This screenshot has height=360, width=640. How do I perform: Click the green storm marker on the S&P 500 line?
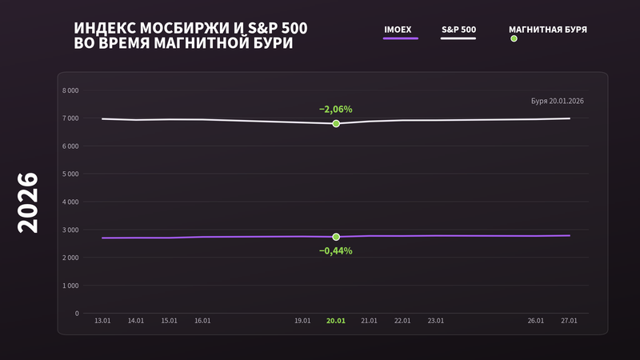(336, 123)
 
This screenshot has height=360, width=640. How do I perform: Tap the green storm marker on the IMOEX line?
(336, 237)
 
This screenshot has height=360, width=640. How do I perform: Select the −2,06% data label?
(335, 109)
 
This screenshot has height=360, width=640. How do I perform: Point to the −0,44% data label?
(335, 250)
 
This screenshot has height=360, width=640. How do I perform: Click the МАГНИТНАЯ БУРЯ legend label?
(548, 30)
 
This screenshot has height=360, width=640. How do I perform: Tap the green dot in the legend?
(514, 38)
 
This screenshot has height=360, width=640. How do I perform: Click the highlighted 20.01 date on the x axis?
(335, 321)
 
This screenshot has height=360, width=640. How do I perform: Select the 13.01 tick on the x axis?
(102, 321)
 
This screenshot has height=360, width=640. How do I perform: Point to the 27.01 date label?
(569, 321)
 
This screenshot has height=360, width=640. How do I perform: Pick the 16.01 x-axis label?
(202, 321)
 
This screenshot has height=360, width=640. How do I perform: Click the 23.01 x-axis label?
(435, 321)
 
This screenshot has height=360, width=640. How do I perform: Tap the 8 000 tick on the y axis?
(70, 90)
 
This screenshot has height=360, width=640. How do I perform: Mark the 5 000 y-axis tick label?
(70, 174)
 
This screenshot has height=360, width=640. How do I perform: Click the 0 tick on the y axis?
(77, 314)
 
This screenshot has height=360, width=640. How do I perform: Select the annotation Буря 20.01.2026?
(557, 101)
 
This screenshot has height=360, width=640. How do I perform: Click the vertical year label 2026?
(28, 203)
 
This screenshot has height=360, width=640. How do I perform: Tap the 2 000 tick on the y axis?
(70, 258)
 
